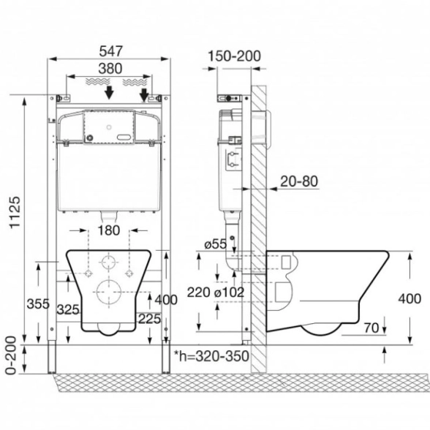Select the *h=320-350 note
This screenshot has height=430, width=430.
(211, 356)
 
